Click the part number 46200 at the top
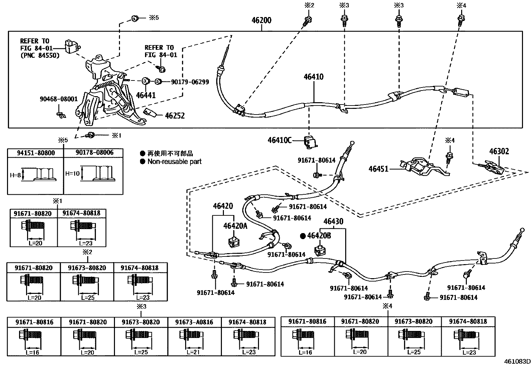(x=261, y=20)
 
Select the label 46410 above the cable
(x=313, y=77)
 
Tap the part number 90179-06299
(x=190, y=82)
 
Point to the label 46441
(x=146, y=95)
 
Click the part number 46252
(x=175, y=116)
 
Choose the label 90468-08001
(x=59, y=99)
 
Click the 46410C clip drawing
(x=311, y=142)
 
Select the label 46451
(x=378, y=169)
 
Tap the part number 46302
(x=499, y=151)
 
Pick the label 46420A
(x=235, y=226)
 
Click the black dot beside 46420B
(x=303, y=236)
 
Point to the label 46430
(x=334, y=221)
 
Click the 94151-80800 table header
(x=36, y=153)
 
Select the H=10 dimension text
(x=73, y=174)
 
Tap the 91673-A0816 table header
(x=194, y=322)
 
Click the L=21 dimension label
(x=193, y=352)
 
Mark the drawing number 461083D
(x=517, y=362)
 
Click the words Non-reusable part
(x=174, y=162)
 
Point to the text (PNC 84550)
(x=40, y=55)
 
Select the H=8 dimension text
(x=15, y=175)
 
